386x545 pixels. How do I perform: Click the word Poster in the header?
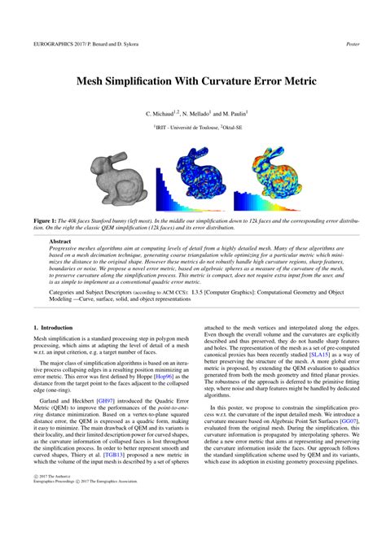[353, 44]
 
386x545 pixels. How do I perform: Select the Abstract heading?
[60, 242]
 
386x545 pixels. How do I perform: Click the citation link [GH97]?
[106, 401]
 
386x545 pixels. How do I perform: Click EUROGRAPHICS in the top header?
[55, 44]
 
